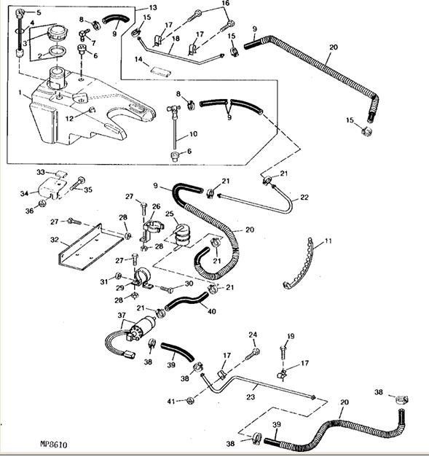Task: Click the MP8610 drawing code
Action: tap(54, 445)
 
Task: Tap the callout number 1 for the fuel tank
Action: tap(20, 93)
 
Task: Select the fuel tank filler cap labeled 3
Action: tap(58, 34)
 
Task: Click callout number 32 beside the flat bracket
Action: tap(55, 241)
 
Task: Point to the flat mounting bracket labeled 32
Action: tap(91, 248)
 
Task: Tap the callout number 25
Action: tap(170, 214)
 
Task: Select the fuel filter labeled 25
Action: tap(182, 235)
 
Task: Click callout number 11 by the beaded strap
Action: tap(328, 241)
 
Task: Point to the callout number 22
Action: tap(304, 198)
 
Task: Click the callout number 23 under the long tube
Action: tap(251, 397)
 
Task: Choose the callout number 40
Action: tap(212, 311)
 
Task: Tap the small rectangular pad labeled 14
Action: tap(160, 71)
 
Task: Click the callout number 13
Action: tap(153, 7)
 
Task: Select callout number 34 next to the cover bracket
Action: tap(25, 193)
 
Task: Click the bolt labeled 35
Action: tap(77, 184)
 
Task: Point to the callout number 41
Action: tap(171, 402)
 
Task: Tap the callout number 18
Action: tap(176, 39)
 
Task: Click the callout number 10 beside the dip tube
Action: tap(194, 134)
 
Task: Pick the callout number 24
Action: tap(253, 335)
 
